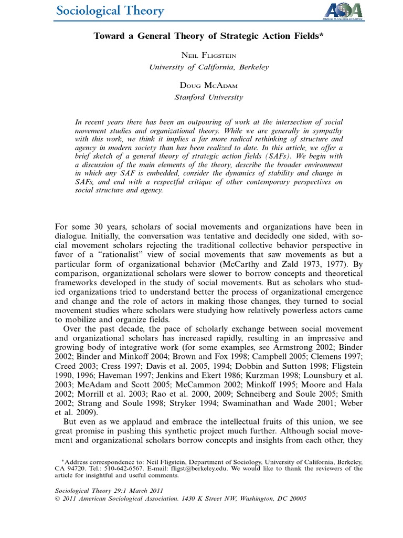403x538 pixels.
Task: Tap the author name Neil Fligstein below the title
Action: (x=202, y=56)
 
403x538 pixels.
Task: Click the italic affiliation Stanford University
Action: (x=202, y=97)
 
